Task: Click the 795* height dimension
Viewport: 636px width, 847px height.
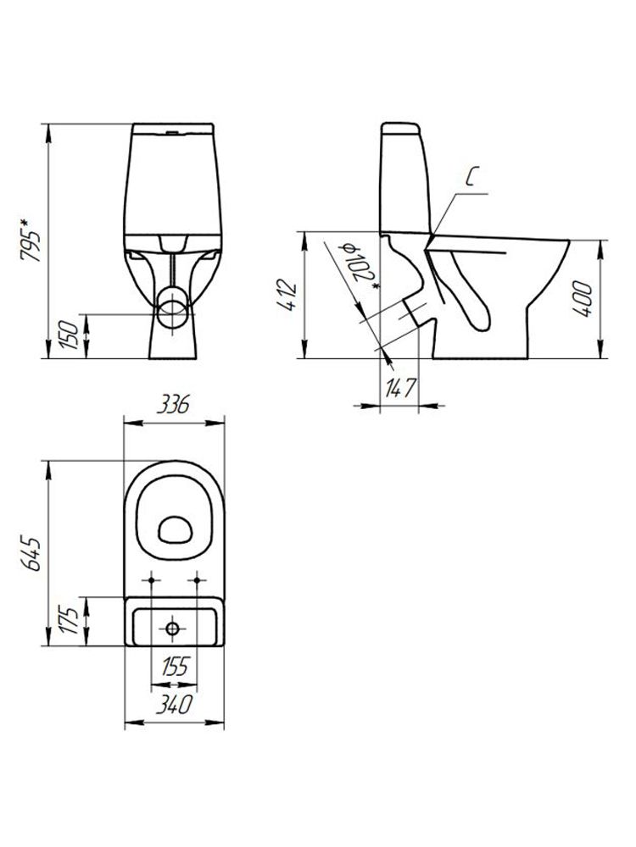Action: click(31, 240)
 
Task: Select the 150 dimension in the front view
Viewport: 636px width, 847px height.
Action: click(70, 335)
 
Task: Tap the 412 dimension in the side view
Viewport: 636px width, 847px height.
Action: click(287, 295)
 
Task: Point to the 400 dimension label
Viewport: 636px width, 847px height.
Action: click(583, 299)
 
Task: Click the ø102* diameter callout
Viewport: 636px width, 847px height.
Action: click(358, 268)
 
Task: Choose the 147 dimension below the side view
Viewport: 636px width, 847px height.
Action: click(399, 388)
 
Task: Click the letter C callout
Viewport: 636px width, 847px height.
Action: click(471, 177)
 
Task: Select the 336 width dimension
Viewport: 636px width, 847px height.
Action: click(173, 404)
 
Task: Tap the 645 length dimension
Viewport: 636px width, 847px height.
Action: click(31, 553)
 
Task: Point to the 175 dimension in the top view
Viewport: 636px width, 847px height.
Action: click(70, 621)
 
